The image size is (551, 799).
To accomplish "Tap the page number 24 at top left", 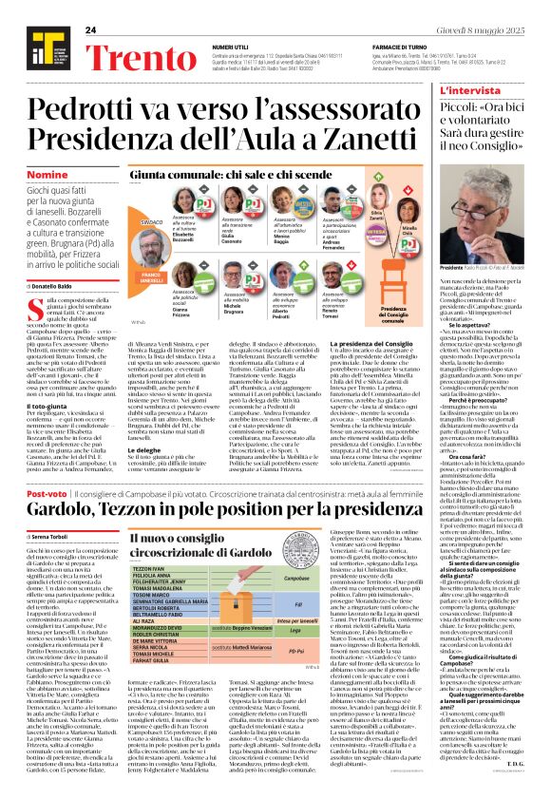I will [x=91, y=31].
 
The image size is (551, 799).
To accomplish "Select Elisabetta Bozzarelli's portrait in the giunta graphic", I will [x=185, y=201].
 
